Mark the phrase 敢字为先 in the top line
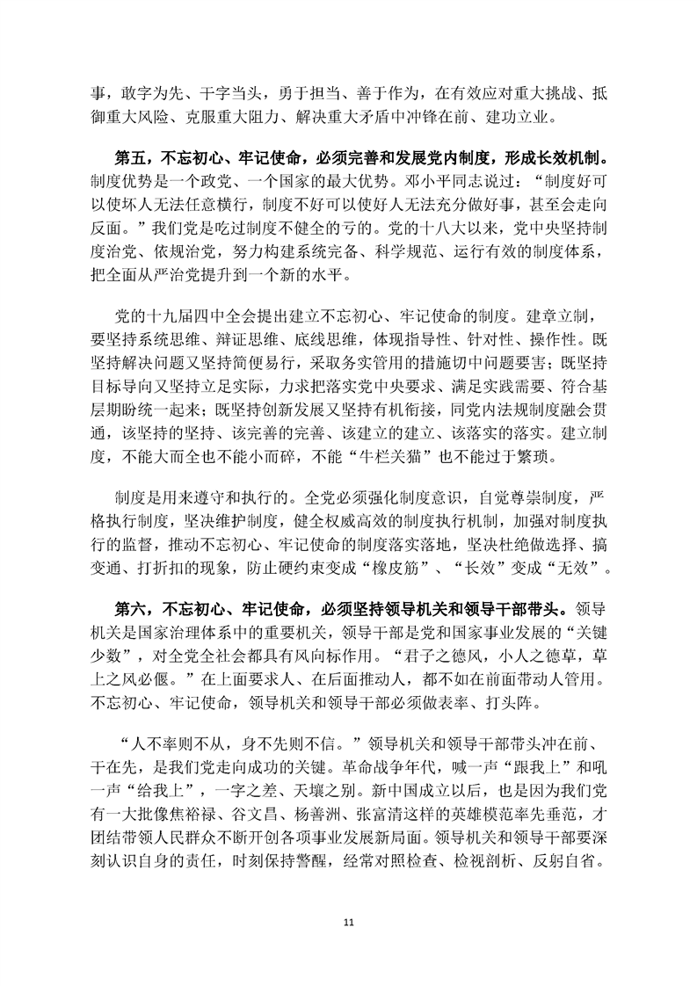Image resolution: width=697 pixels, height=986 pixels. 144,89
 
